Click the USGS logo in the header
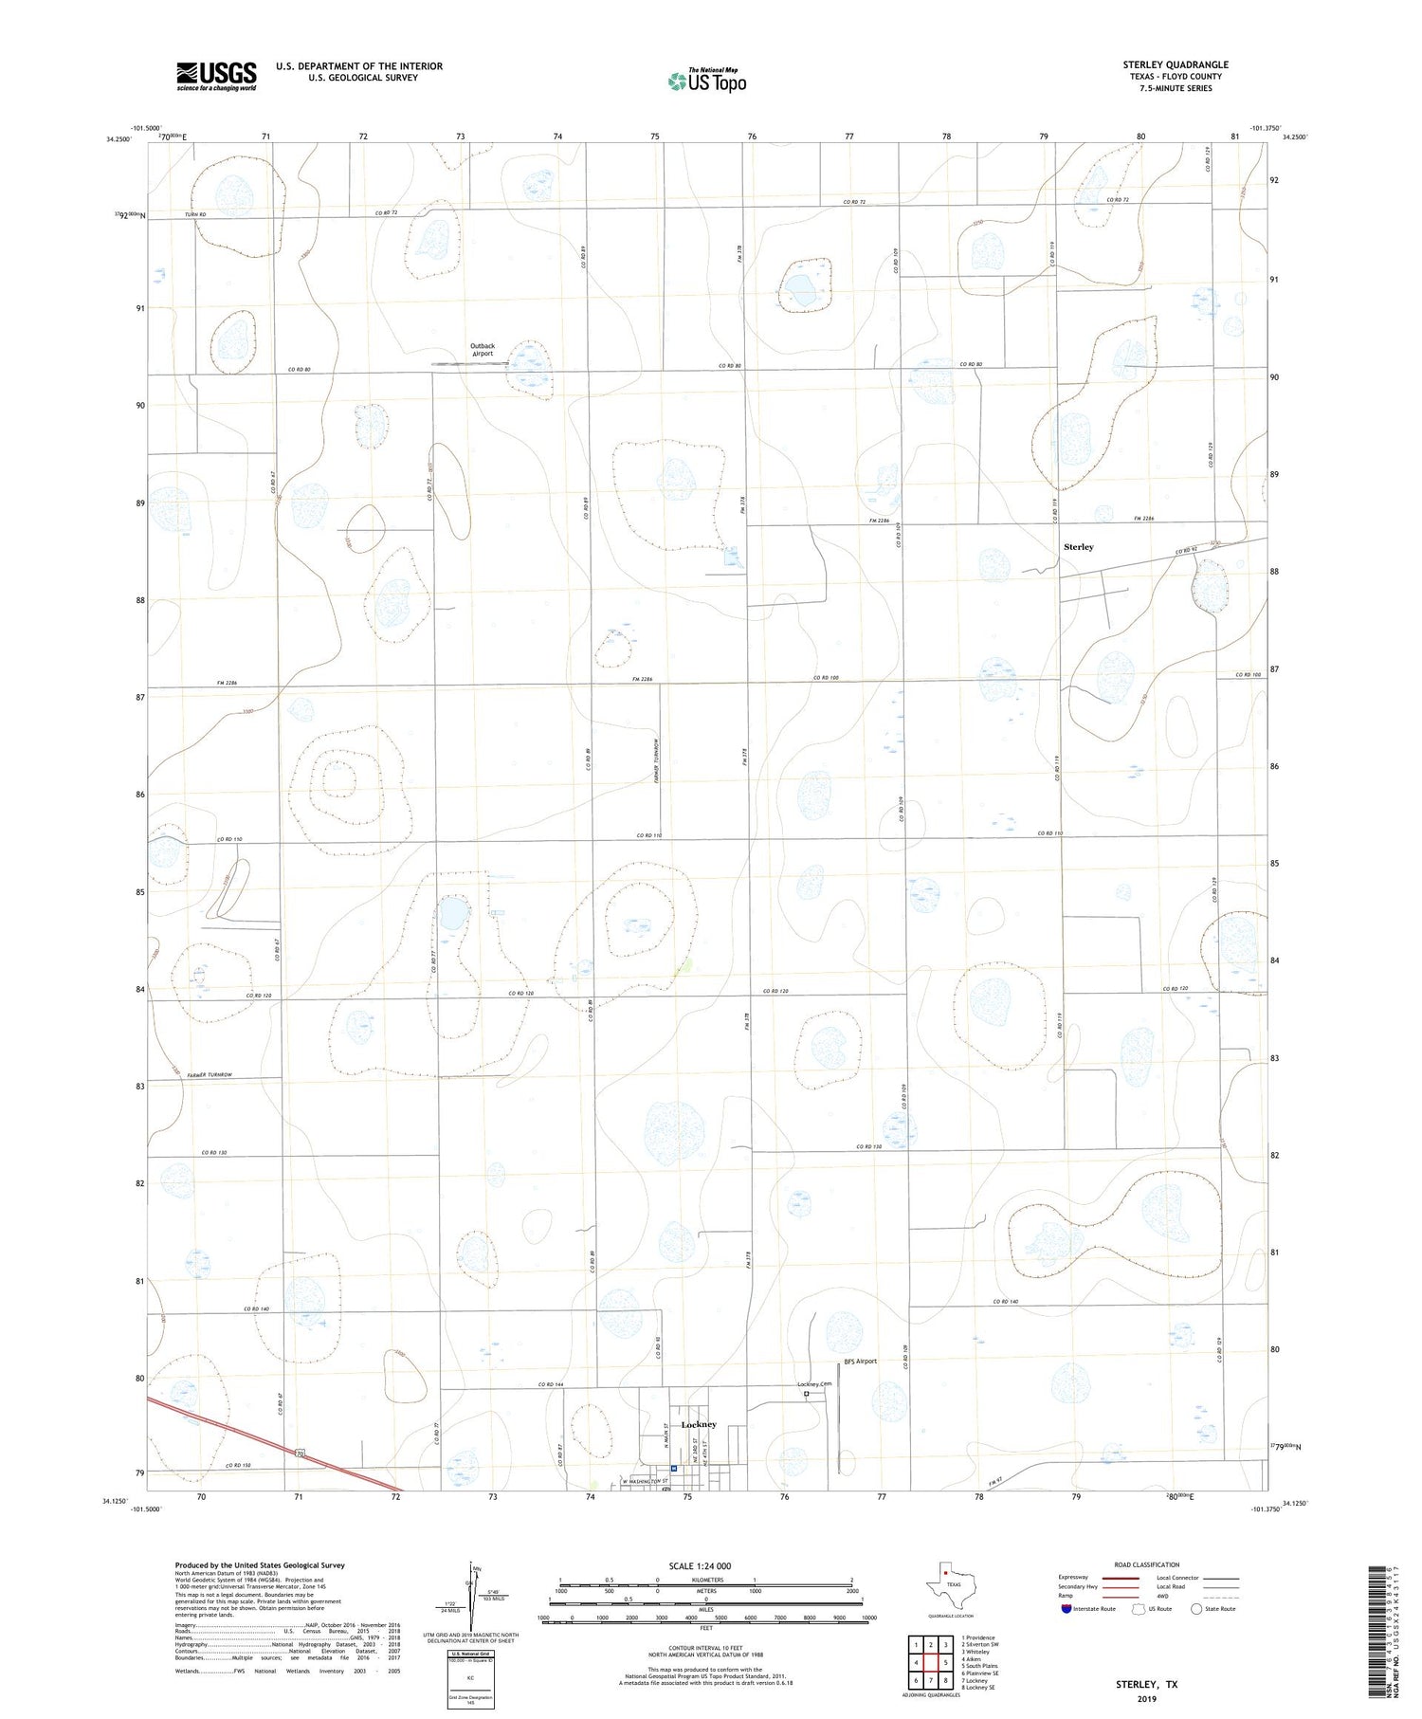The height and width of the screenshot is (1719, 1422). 216,76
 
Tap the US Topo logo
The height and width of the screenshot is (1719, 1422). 706,82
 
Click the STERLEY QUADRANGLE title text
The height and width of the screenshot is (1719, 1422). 1176,64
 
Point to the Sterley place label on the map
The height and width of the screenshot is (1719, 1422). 1078,547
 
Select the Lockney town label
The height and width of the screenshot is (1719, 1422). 699,1424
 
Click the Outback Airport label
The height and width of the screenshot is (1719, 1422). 483,350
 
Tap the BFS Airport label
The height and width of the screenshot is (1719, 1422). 860,1362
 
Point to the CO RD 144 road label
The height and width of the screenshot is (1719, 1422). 551,1384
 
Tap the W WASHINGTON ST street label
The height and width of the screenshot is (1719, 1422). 644,1481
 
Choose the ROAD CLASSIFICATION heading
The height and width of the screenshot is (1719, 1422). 1146,1564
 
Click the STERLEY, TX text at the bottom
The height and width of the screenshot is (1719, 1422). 1146,1684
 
